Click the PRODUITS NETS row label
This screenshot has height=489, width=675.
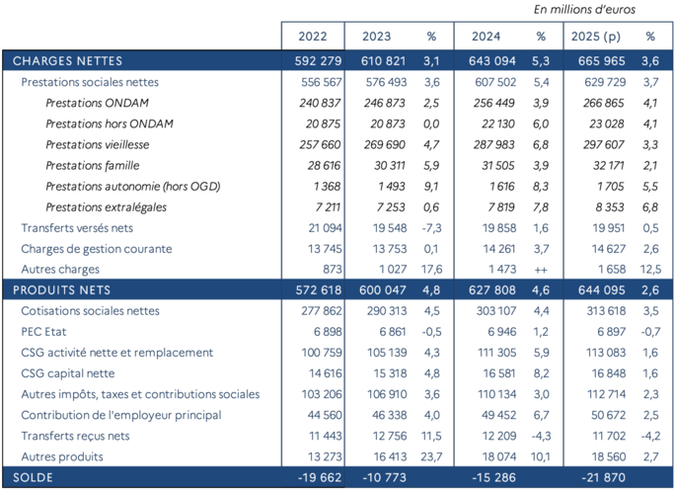pyautogui.click(x=56, y=289)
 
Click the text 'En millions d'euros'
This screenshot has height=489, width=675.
pyautogui.click(x=584, y=10)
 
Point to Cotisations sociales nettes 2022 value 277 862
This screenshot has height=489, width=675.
pyautogui.click(x=319, y=310)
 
